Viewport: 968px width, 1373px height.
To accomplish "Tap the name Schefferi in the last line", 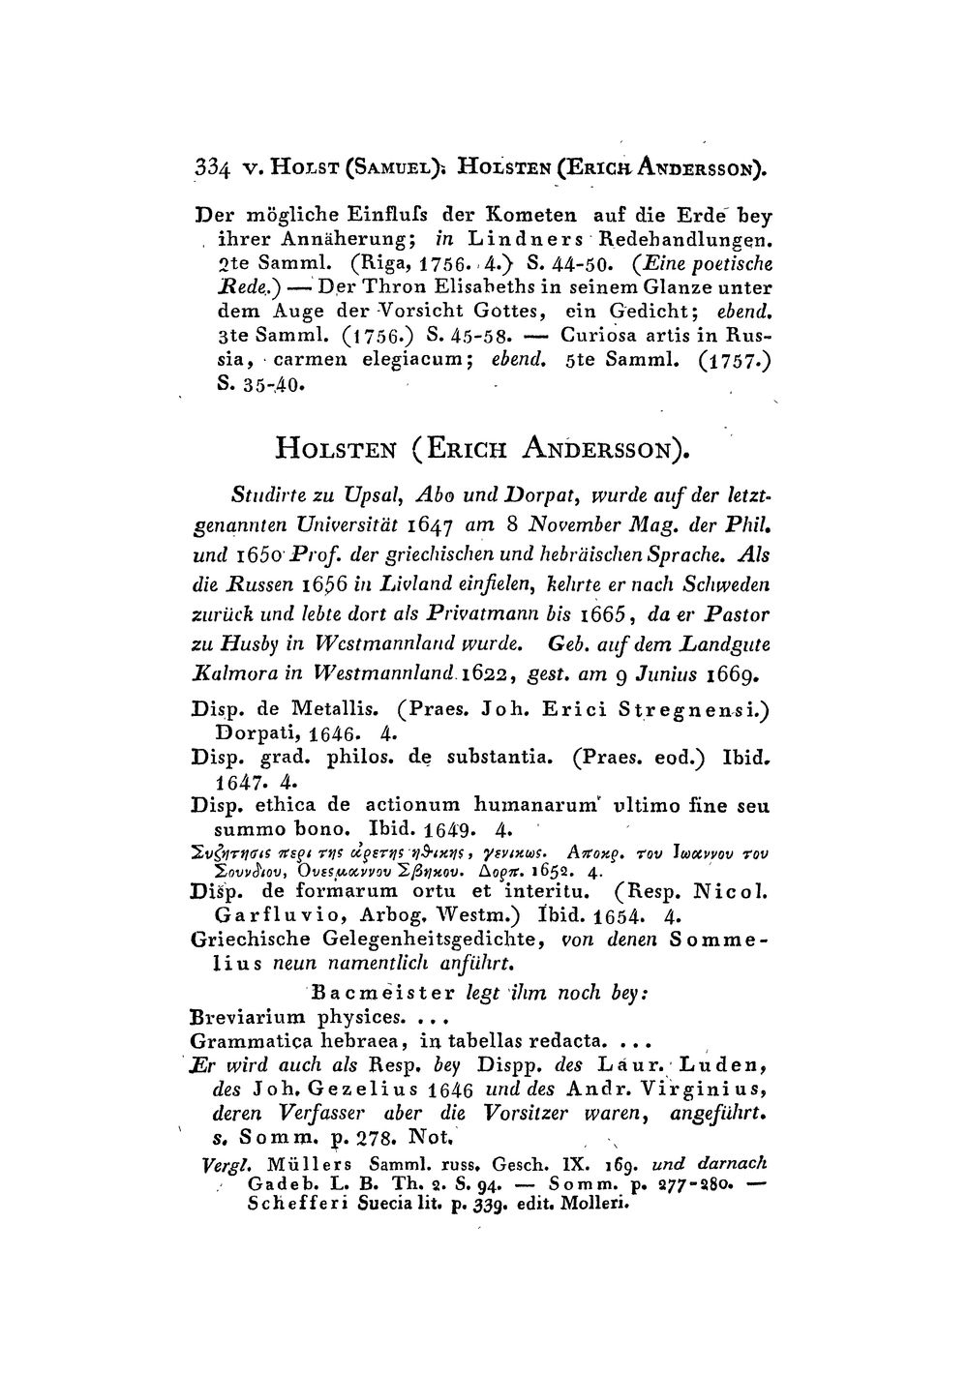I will click(x=288, y=1206).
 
